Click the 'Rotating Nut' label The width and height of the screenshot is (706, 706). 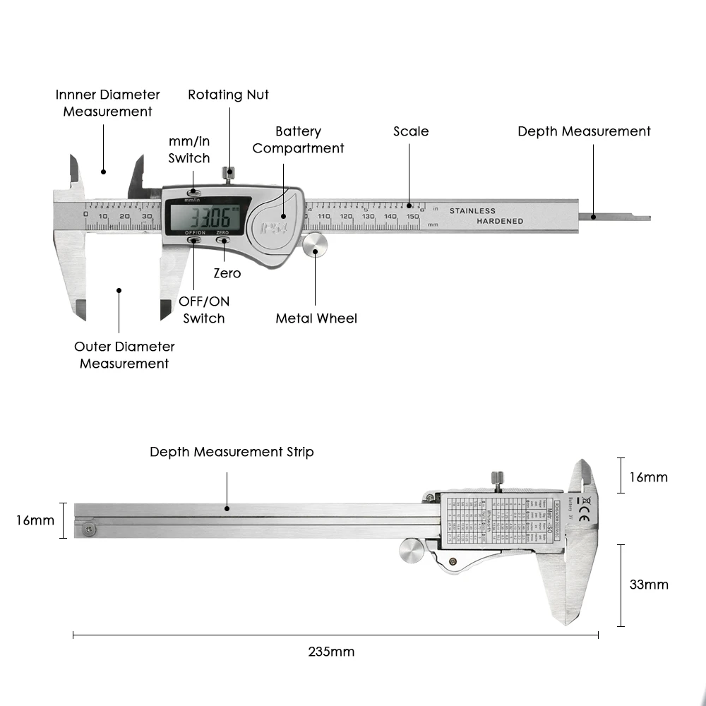tap(228, 95)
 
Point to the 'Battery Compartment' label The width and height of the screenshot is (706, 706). tap(298, 140)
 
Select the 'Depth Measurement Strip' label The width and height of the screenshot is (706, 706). tap(232, 452)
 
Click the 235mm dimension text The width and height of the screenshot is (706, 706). tap(331, 652)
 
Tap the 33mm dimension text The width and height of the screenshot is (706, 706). tap(648, 585)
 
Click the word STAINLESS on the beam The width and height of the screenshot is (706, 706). tap(472, 210)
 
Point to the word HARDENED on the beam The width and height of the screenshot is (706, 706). tap(500, 221)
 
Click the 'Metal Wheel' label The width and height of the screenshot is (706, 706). tap(316, 318)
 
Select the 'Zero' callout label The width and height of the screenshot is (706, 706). tap(227, 273)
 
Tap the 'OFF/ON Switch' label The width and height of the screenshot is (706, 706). tap(204, 310)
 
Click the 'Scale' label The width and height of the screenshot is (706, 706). tap(411, 131)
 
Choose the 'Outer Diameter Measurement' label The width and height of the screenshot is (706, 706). tap(124, 355)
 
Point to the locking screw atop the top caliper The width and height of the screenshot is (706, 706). tap(228, 174)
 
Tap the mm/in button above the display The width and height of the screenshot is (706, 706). tap(193, 192)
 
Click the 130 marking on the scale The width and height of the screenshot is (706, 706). tap(368, 217)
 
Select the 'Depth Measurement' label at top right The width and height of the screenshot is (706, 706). tap(584, 131)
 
